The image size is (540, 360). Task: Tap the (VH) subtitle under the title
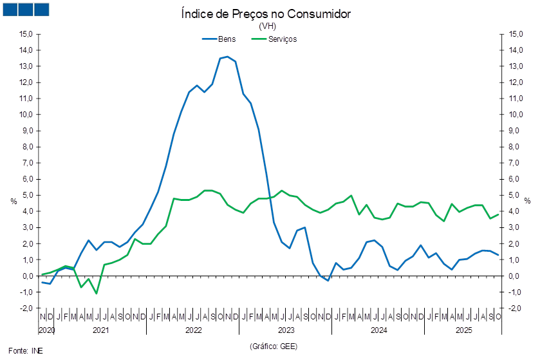coord(266,26)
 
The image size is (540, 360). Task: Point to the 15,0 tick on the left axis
coord(26,34)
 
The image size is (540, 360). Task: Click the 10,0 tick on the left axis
coord(26,115)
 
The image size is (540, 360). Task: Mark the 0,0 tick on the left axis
coord(28,276)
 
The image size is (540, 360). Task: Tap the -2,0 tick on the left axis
coord(26,308)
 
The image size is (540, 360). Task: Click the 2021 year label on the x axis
coord(100,330)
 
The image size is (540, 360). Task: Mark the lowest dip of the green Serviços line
coord(96,294)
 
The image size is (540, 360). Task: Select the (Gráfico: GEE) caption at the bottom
coord(273,346)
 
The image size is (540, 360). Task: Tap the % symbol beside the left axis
coord(14,201)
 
